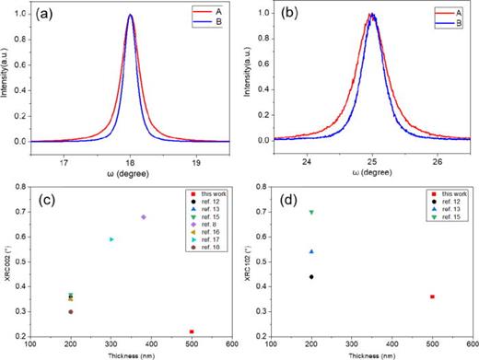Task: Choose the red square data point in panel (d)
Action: point(432,296)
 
